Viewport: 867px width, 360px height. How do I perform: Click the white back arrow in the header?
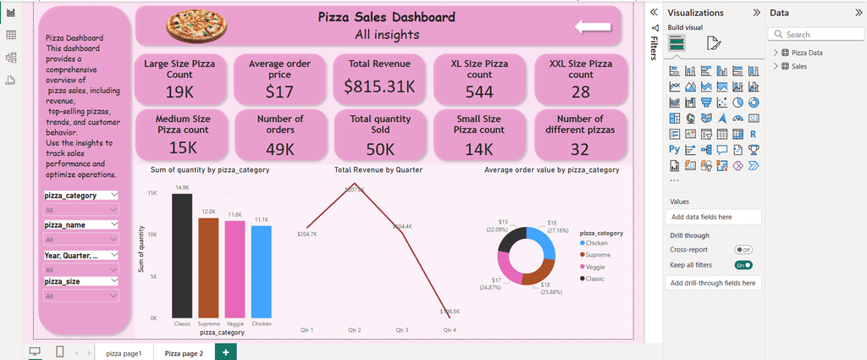pos(593,27)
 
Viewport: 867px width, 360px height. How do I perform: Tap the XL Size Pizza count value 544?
pos(479,91)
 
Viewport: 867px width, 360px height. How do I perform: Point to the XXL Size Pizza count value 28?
pos(580,91)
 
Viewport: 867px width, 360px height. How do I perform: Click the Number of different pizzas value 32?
pos(580,149)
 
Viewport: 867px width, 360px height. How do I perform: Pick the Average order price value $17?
pos(279,91)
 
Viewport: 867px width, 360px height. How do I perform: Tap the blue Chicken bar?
pos(262,271)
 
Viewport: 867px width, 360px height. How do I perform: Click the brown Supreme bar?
pos(208,268)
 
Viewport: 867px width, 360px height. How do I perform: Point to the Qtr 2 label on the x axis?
pos(354,330)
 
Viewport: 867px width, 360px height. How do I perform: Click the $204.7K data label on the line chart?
pos(307,234)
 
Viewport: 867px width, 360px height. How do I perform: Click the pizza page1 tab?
pos(124,352)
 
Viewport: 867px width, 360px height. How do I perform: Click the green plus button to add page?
pos(225,352)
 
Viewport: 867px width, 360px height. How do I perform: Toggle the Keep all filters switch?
pos(743,265)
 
